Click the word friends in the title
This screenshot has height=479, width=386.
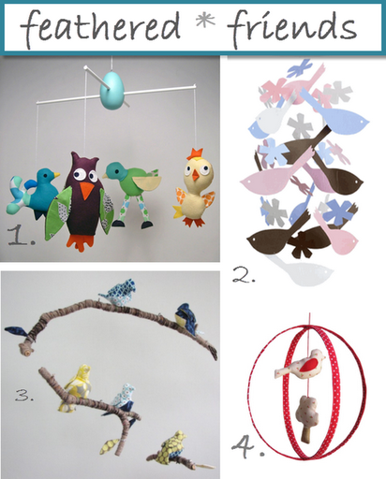[x=299, y=28]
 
